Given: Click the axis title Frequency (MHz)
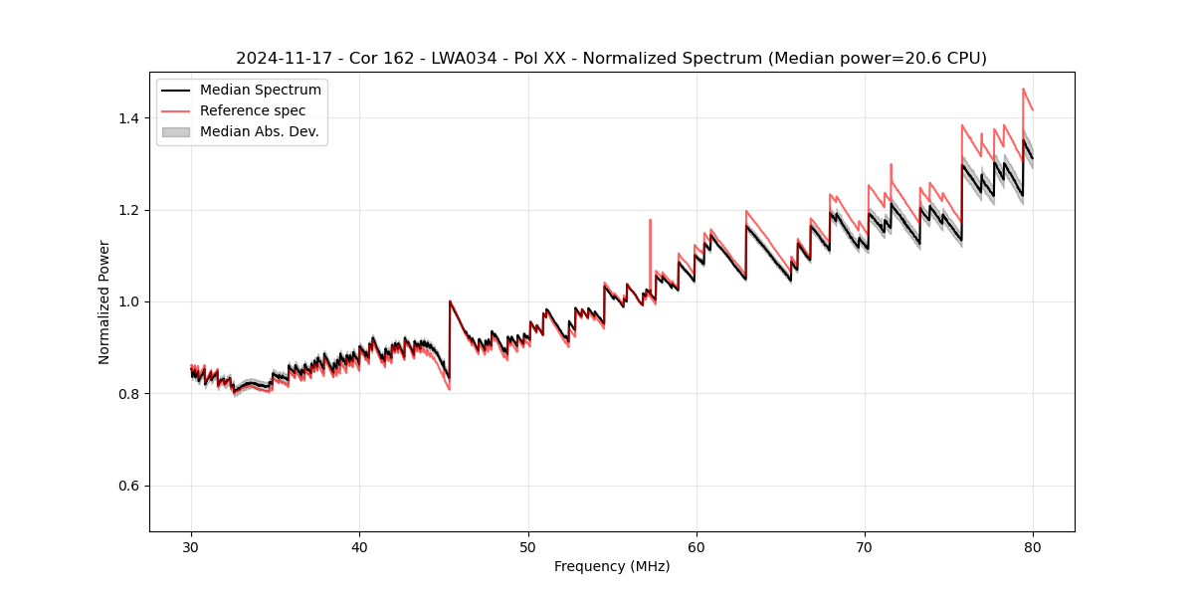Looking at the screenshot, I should coord(612,566).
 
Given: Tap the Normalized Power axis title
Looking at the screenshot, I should coord(104,301).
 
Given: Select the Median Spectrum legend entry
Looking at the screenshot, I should coord(260,91).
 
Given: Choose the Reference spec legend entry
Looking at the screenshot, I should coord(253,110).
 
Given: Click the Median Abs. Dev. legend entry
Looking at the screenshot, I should coord(259,131).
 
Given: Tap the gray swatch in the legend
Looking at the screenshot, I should coord(176,131).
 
